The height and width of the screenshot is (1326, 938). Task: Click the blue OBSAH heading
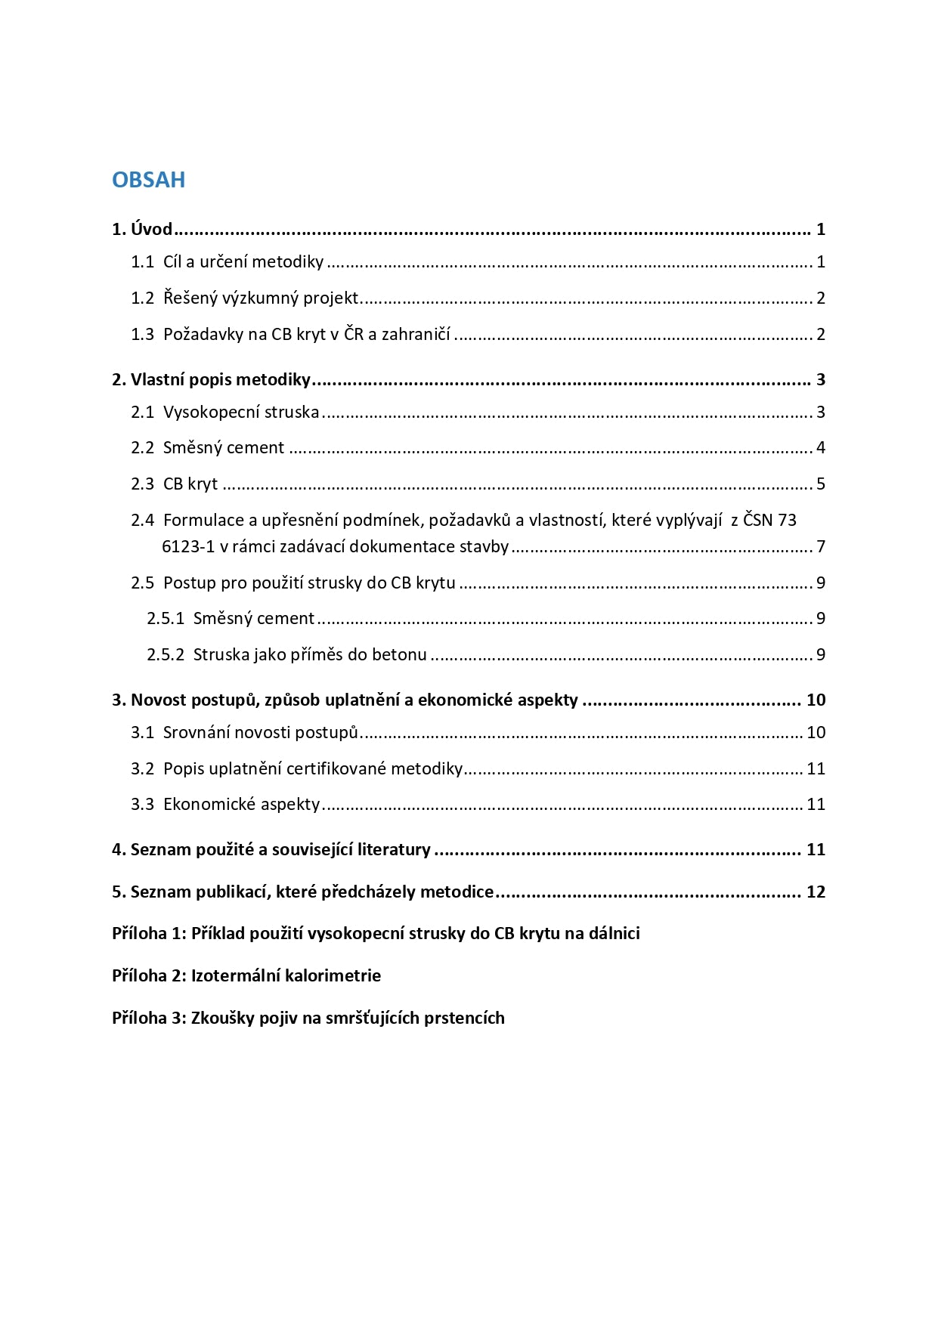click(x=148, y=180)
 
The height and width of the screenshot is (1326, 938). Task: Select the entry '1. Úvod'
click(x=142, y=229)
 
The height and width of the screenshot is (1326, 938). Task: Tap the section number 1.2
click(x=142, y=298)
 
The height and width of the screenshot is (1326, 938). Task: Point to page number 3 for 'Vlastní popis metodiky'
click(x=820, y=379)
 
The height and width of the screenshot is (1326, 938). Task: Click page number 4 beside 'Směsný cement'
click(x=820, y=447)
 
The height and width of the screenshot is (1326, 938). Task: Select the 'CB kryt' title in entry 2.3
click(x=190, y=484)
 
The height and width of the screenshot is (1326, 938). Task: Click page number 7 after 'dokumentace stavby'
click(x=820, y=546)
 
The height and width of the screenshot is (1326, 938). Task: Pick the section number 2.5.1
click(x=166, y=618)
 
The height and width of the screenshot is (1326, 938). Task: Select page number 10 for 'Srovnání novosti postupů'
click(x=816, y=732)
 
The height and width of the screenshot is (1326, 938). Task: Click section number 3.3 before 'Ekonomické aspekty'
click(x=142, y=804)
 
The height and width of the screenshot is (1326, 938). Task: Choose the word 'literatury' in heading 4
click(x=394, y=849)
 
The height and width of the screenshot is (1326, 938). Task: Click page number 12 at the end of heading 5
click(x=816, y=892)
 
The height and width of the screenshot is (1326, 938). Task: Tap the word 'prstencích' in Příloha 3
click(x=464, y=1018)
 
